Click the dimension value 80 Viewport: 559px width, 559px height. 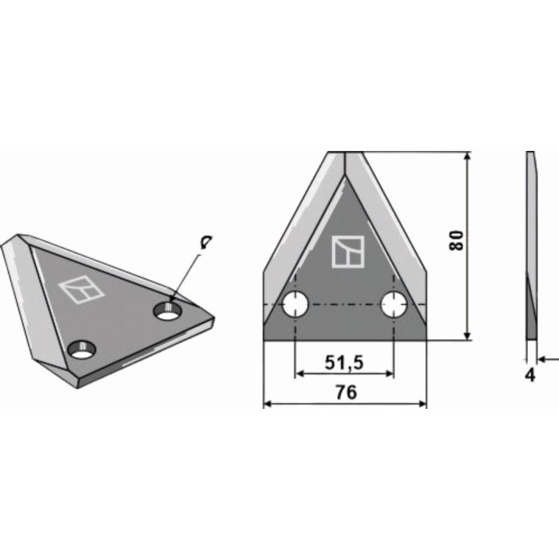(x=456, y=241)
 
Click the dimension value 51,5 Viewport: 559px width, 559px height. (x=345, y=363)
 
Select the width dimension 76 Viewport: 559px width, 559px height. (x=345, y=393)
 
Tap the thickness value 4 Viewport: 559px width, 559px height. (x=529, y=375)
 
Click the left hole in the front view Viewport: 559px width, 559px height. (x=295, y=303)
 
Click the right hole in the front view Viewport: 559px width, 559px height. (x=394, y=303)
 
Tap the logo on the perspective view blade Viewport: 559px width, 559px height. (x=82, y=289)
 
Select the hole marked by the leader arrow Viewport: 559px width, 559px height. (x=168, y=311)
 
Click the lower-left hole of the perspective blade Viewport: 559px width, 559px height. (x=81, y=349)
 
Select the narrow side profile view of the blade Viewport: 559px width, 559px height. (x=529, y=248)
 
